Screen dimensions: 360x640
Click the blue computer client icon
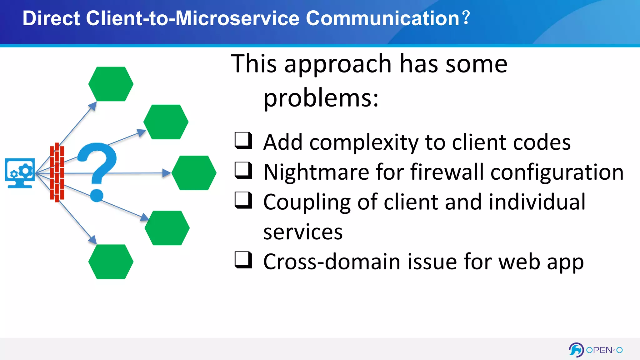20,173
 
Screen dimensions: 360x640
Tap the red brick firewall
57,172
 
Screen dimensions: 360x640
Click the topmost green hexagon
111,84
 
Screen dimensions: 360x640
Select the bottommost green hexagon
111,262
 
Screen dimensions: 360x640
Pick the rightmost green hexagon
194,173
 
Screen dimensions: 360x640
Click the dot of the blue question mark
97,196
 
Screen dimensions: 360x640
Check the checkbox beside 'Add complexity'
243,140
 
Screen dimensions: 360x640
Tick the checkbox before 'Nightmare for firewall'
243,170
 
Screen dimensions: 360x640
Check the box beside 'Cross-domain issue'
243,260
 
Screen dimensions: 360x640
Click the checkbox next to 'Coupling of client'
243,200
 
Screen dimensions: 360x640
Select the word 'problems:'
321,98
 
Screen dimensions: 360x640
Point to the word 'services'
303,232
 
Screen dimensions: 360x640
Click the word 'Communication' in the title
382,18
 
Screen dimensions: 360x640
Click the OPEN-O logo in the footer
596,350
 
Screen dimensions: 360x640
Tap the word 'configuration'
557,172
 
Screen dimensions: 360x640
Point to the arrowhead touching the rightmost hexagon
167,173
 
